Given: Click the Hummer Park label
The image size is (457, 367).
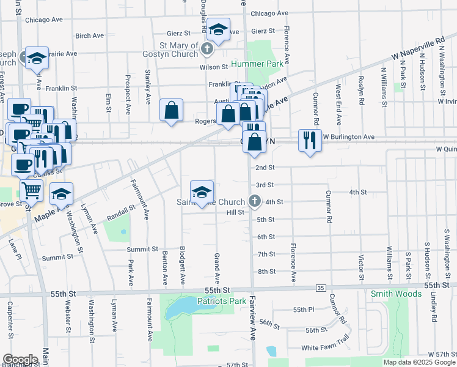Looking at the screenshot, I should [x=265, y=64].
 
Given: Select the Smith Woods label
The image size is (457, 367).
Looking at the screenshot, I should [x=396, y=294].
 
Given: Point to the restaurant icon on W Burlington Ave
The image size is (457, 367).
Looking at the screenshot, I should [x=310, y=140].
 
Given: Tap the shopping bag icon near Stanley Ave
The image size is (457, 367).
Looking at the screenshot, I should [x=172, y=111].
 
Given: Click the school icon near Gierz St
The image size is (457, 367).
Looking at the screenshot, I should [x=218, y=29].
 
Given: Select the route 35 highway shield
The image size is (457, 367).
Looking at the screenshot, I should [x=321, y=287].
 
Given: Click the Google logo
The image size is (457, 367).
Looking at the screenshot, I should [x=20, y=359].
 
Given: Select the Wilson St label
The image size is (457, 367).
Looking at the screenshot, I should [x=213, y=67].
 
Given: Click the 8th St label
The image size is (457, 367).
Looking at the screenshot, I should [x=267, y=271].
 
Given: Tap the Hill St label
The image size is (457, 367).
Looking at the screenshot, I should [x=235, y=212].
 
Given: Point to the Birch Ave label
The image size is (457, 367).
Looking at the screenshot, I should [x=90, y=36].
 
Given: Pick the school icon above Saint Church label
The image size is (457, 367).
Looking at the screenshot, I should [x=202, y=192].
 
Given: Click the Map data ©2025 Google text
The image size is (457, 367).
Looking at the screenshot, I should [x=419, y=362].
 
